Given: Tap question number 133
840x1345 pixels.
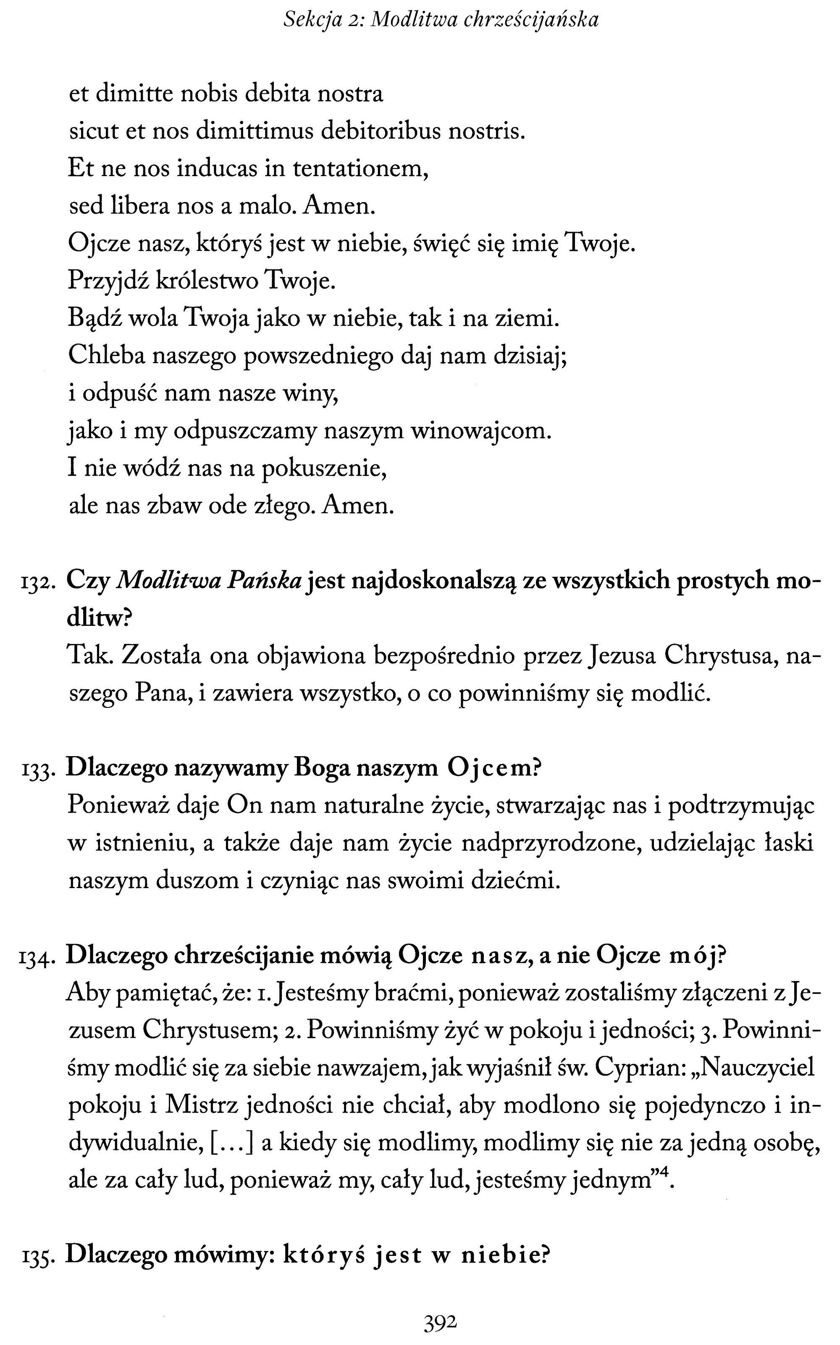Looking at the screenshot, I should pos(38,770).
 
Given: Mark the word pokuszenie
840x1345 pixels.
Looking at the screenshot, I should pos(323,469).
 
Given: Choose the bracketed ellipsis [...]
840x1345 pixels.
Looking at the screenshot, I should pos(234,1143).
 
